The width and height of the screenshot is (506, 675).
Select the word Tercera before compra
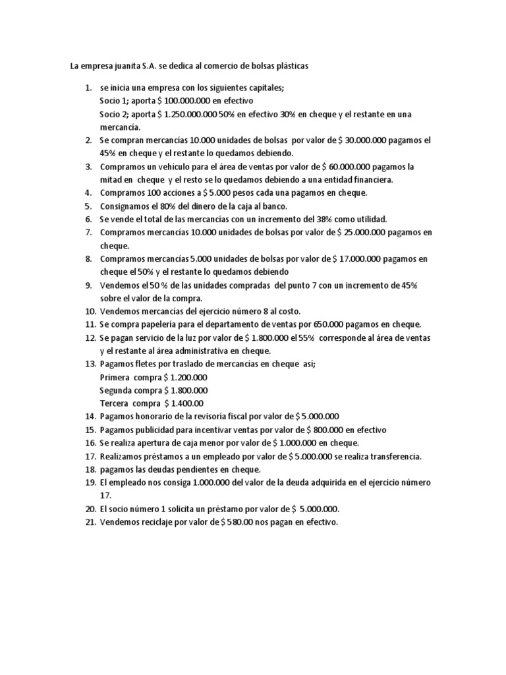(x=115, y=403)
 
